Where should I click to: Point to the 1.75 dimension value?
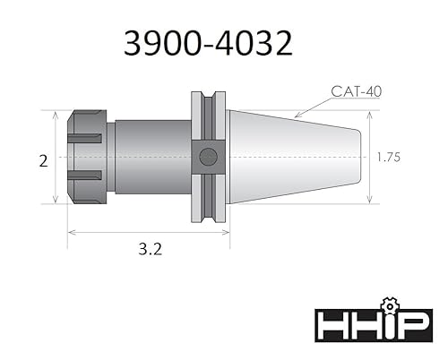pos(387,157)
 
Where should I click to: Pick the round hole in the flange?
pos(208,158)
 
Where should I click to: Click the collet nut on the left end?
pos(87,157)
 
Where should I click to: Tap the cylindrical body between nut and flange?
pos(148,157)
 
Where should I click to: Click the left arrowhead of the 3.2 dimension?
pos(71,233)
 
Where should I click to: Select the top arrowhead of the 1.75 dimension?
pos(371,114)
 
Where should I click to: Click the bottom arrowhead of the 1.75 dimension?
pos(371,201)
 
